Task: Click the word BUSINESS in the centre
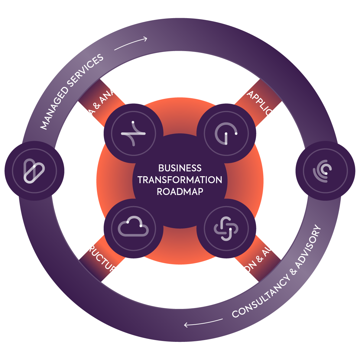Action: (x=180, y=168)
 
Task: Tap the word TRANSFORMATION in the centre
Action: (x=180, y=180)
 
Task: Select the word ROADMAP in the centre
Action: (x=180, y=192)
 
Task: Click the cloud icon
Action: (x=133, y=228)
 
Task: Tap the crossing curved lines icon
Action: (x=133, y=133)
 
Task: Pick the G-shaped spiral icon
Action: (x=226, y=133)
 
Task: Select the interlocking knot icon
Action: (x=226, y=228)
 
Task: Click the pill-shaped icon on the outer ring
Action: (x=34, y=171)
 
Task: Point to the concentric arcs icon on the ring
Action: (x=325, y=171)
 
